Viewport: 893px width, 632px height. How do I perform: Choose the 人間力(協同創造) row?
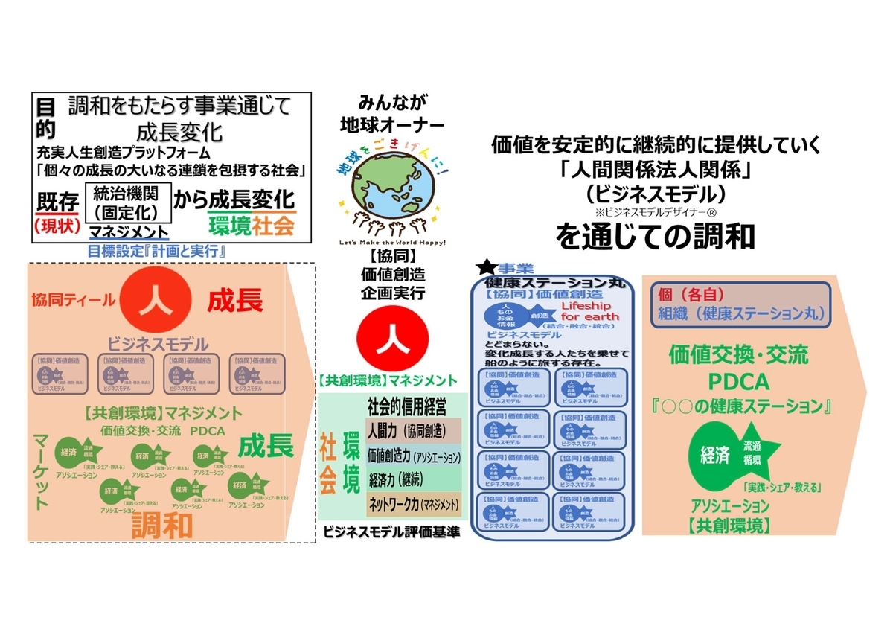click(413, 431)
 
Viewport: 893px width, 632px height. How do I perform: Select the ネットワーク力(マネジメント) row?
click(413, 504)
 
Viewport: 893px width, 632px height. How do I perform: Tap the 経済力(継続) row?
click(413, 479)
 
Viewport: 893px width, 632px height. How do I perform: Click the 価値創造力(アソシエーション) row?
click(413, 455)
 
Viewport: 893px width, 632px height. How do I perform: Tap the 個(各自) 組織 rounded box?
click(740, 304)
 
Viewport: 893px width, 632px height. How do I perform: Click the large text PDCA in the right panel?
click(738, 382)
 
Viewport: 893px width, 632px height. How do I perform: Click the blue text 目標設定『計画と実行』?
click(161, 251)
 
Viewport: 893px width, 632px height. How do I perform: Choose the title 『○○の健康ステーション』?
click(738, 406)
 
